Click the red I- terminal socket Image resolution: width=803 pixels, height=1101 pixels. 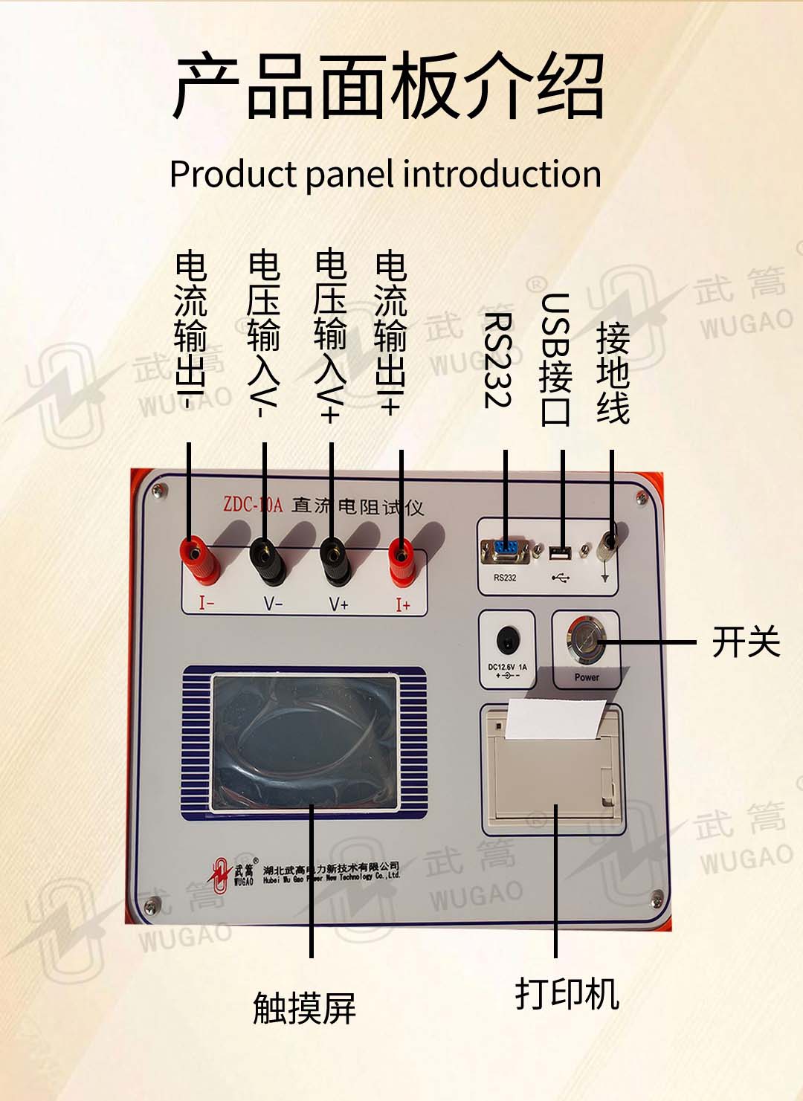coord(195,552)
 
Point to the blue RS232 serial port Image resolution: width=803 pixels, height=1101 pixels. coord(505,551)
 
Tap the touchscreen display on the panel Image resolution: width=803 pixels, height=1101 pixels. coord(305,742)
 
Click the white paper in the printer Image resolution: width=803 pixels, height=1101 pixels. coord(554,720)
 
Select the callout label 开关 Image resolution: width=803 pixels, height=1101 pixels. coord(746,642)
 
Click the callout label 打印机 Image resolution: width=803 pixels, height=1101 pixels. coord(567,993)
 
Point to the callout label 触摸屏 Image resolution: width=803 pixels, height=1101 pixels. coord(304,1008)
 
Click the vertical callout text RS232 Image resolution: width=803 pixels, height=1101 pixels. coord(497,360)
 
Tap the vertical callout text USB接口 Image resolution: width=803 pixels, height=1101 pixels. coord(555,360)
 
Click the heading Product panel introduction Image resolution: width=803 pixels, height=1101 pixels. coord(385,174)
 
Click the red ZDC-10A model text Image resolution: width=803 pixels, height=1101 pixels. coord(253,505)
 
